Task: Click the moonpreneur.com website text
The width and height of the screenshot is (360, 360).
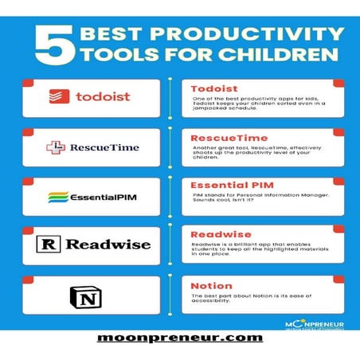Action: (x=179, y=337)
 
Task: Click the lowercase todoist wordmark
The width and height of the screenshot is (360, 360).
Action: (x=104, y=97)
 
